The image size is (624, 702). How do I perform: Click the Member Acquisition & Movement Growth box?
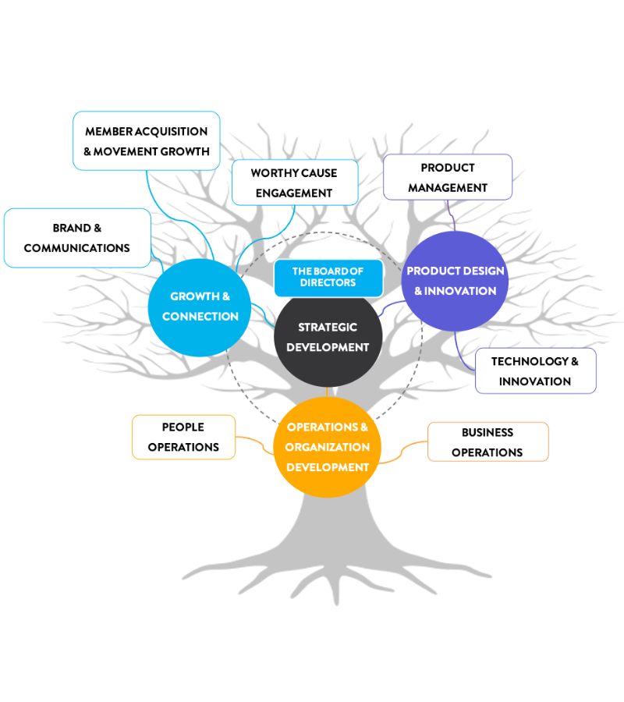click(147, 141)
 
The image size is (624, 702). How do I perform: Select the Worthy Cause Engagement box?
click(295, 183)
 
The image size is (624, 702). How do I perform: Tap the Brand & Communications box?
click(76, 238)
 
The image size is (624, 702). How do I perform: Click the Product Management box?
click(448, 177)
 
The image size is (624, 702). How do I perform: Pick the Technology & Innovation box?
click(535, 371)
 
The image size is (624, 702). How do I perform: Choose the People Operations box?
click(183, 437)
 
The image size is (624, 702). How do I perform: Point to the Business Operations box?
click(487, 442)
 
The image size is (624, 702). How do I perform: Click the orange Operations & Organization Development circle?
click(328, 448)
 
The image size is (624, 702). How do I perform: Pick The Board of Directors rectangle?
click(328, 278)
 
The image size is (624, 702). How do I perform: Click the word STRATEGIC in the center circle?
click(328, 328)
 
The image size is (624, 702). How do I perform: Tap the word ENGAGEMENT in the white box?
click(294, 193)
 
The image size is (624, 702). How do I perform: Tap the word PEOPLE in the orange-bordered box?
click(183, 427)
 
